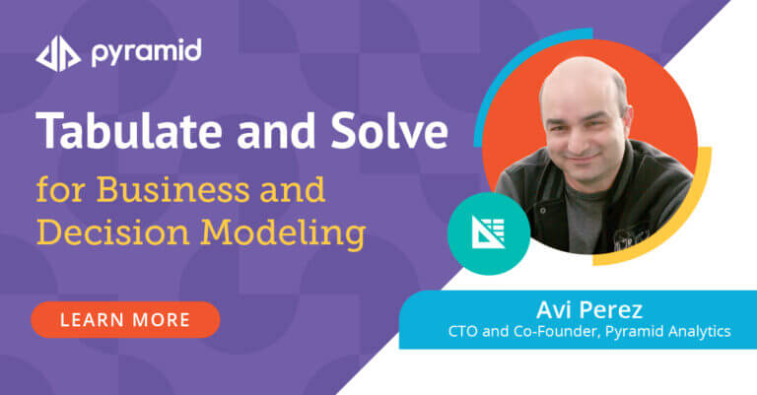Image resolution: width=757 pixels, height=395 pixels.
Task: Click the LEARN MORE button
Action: click(125, 320)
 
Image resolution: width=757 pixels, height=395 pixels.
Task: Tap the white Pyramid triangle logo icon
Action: click(58, 53)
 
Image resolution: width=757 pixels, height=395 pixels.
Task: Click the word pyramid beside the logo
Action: click(146, 52)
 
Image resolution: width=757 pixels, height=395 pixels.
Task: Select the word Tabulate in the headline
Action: click(129, 130)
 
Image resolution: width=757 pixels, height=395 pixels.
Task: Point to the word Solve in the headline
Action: click(389, 130)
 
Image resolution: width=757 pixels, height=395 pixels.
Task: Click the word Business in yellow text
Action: click(172, 189)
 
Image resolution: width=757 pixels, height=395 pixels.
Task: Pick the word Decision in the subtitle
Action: click(113, 232)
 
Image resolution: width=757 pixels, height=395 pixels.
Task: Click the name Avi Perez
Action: click(589, 309)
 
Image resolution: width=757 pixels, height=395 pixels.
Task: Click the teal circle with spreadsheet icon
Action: click(489, 233)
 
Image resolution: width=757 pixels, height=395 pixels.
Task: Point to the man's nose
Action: click(583, 137)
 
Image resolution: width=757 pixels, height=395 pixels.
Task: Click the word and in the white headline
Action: click(276, 131)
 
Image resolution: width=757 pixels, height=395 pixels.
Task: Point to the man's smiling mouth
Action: click(584, 159)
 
